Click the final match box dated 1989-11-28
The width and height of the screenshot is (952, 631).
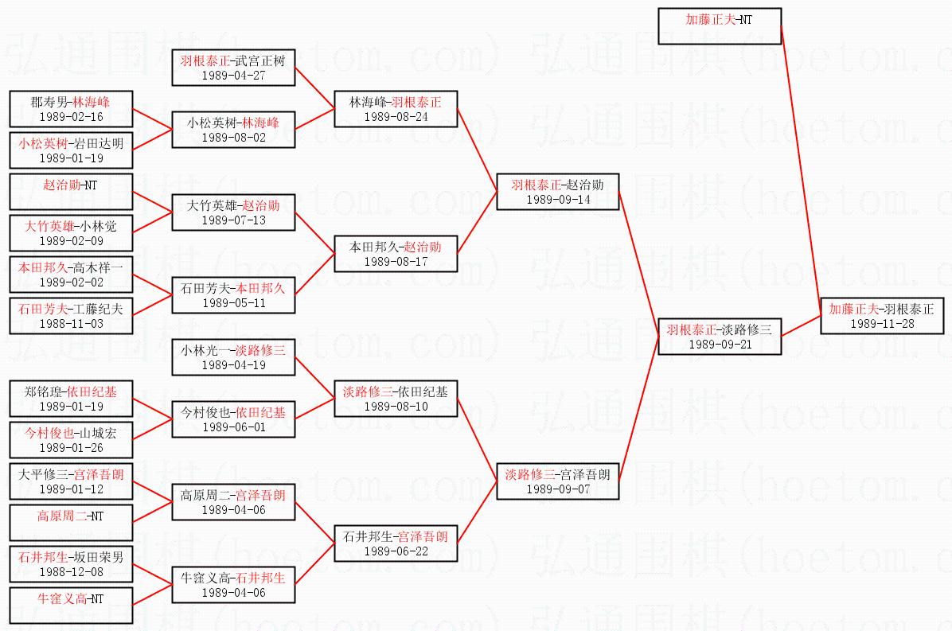pyautogui.click(x=881, y=316)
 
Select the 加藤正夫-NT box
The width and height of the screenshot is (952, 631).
pyautogui.click(x=720, y=26)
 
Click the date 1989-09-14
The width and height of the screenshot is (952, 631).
pyautogui.click(x=558, y=200)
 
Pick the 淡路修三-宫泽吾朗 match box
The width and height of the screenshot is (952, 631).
pyautogui.click(x=558, y=481)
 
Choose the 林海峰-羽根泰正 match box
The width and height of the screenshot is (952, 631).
pyautogui.click(x=396, y=108)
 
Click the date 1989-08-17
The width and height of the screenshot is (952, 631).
pyautogui.click(x=396, y=261)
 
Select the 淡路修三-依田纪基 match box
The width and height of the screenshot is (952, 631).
pyautogui.click(x=396, y=398)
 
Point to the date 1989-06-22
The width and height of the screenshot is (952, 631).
pyautogui.click(x=396, y=551)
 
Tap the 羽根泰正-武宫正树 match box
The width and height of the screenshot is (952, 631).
pyautogui.click(x=234, y=68)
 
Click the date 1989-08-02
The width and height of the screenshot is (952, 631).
pyautogui.click(x=234, y=138)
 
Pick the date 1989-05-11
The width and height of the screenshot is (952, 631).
pyautogui.click(x=234, y=303)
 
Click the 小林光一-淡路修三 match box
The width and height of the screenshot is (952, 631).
pyautogui.click(x=234, y=357)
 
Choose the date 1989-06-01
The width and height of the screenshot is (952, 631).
pyautogui.click(x=234, y=427)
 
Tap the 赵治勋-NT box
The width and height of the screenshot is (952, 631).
pyautogui.click(x=71, y=192)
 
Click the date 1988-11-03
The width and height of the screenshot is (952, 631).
pyautogui.click(x=71, y=324)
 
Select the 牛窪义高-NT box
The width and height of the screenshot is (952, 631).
pyautogui.click(x=71, y=606)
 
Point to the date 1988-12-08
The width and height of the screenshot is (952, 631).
pyautogui.click(x=71, y=571)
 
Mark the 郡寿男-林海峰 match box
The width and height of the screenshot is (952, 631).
pyautogui.click(x=71, y=109)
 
